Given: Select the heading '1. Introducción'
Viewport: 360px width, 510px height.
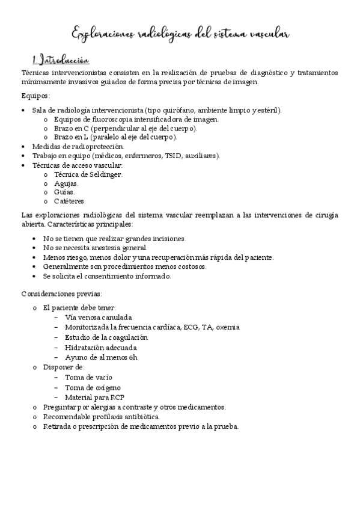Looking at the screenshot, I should click(x=61, y=60).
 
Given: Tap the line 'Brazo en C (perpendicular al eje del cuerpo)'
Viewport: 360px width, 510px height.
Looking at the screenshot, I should click(x=125, y=128).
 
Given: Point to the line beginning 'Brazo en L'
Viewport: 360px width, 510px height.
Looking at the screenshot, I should click(x=115, y=137).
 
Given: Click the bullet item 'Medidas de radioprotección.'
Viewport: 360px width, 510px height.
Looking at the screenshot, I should click(x=78, y=146).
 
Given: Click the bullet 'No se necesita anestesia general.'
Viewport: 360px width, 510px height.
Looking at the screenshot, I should click(x=95, y=247).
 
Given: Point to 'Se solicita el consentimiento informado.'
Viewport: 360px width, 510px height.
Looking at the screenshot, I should click(x=107, y=276).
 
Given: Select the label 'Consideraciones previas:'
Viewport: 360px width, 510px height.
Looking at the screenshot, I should click(x=61, y=293).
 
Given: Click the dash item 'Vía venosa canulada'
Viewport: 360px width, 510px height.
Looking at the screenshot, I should click(x=98, y=317).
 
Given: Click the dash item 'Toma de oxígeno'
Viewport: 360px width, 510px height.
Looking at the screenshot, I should click(x=93, y=387).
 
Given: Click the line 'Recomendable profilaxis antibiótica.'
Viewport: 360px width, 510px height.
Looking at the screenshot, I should click(x=109, y=416).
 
